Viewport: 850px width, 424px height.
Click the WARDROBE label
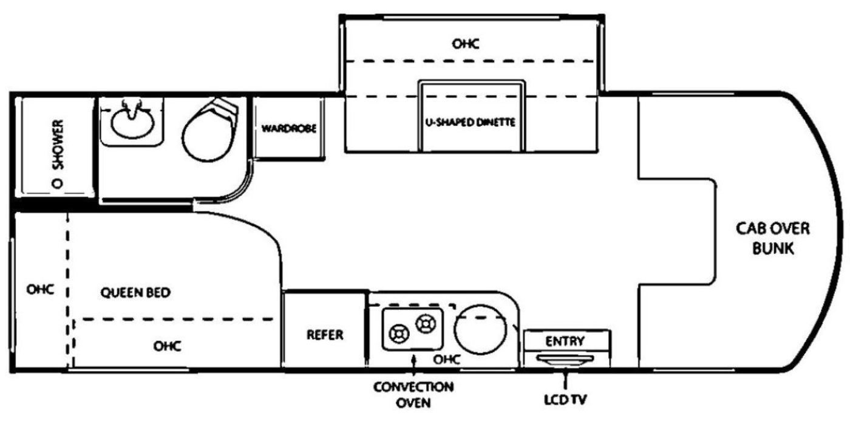(x=288, y=129)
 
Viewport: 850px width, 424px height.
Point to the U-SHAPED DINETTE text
(x=471, y=122)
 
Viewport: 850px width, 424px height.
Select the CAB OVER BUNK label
(x=772, y=239)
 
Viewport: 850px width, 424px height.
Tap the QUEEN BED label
(x=135, y=292)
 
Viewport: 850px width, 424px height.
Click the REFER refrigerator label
(x=325, y=335)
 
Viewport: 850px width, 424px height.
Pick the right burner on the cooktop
(x=424, y=323)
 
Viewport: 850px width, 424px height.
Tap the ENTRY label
(x=565, y=341)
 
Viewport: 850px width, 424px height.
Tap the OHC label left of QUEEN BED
(x=41, y=289)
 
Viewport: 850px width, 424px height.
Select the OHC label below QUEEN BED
(x=167, y=346)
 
